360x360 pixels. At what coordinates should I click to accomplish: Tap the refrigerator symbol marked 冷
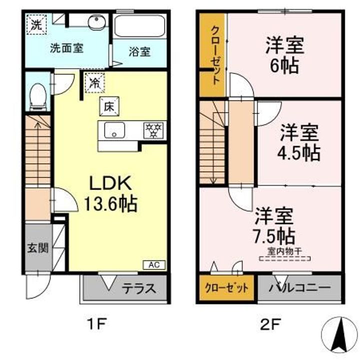tap(93, 82)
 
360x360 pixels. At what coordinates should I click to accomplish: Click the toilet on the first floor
tap(37, 96)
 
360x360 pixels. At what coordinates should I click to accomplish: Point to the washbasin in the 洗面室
tap(95, 23)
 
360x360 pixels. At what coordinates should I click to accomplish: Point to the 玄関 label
tap(37, 247)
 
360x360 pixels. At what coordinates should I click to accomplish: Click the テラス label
tap(139, 288)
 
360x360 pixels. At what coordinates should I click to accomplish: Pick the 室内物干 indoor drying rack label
tap(284, 252)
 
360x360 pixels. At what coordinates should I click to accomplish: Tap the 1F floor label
tap(97, 324)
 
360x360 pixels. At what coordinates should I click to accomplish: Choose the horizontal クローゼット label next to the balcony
tap(226, 288)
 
